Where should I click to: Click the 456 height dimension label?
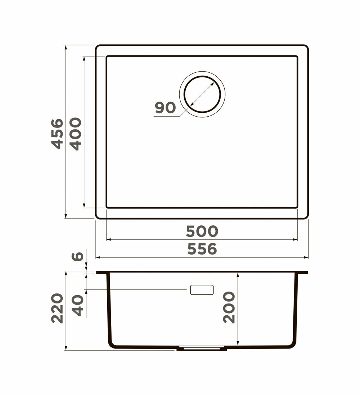57,134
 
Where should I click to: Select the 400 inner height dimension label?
76,134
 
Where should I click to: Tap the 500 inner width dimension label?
202,231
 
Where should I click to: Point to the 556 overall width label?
202,249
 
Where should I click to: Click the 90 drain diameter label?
165,108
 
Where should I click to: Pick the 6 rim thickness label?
77,256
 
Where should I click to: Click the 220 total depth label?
57,308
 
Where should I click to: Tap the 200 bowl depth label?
229,307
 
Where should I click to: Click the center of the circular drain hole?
202,94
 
